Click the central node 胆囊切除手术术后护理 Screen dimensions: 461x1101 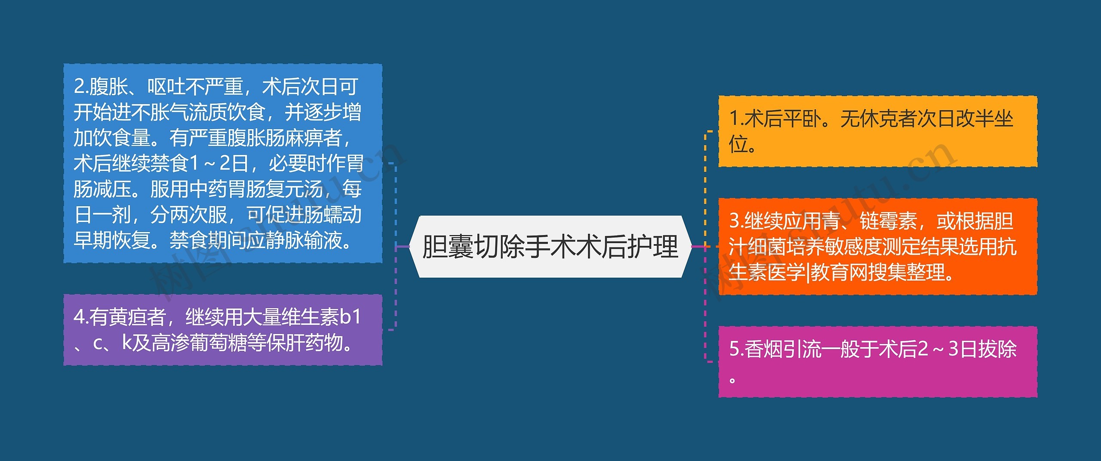pyautogui.click(x=550, y=247)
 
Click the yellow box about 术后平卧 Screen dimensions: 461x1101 pyautogui.click(x=877, y=131)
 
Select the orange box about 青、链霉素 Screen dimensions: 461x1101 pyautogui.click(x=877, y=247)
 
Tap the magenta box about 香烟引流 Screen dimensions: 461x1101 pyautogui.click(x=877, y=362)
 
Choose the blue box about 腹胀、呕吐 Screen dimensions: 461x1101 pyautogui.click(x=223, y=163)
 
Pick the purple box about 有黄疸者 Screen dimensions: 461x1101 pyautogui.click(x=223, y=330)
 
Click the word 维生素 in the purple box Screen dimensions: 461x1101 pyautogui.click(x=310, y=317)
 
